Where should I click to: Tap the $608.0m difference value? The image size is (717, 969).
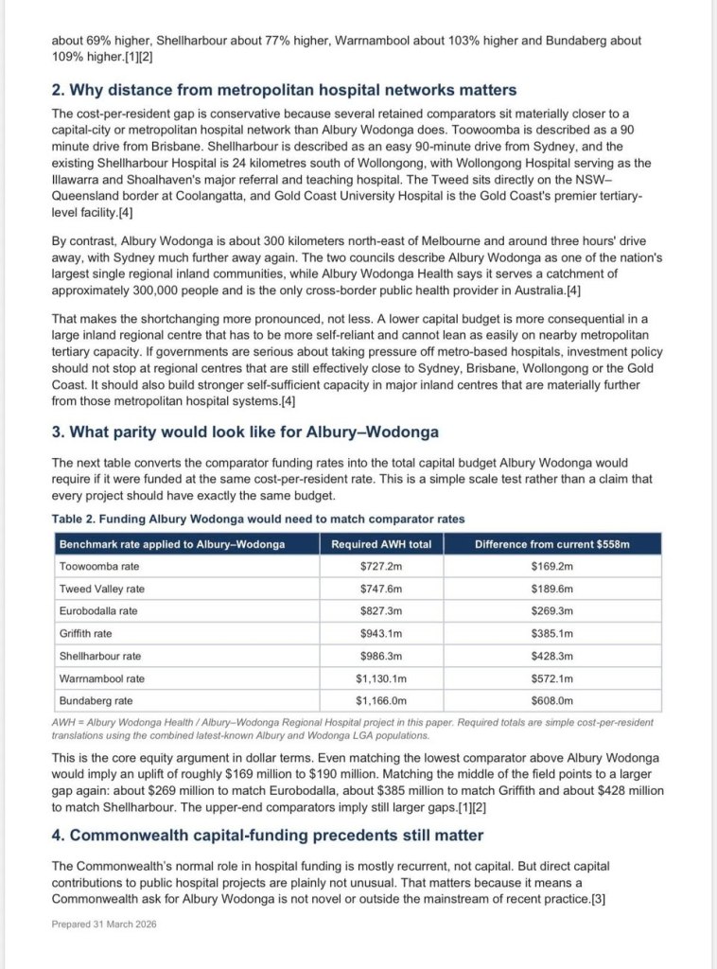[552, 701]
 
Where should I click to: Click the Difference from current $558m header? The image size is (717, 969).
[552, 544]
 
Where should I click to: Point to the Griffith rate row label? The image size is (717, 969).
[85, 633]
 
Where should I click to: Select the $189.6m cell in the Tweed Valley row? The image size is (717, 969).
[552, 589]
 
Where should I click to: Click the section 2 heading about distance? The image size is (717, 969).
[284, 90]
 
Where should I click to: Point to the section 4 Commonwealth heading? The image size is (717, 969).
[267, 835]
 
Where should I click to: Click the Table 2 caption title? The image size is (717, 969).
[257, 519]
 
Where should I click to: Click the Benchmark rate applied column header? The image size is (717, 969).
[172, 544]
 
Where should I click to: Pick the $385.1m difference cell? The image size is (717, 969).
[552, 633]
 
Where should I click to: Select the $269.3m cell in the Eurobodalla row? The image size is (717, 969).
[552, 611]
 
